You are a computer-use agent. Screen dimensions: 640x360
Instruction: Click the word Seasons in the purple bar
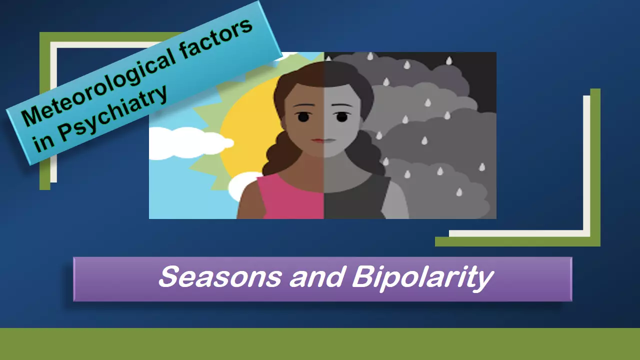tap(220, 276)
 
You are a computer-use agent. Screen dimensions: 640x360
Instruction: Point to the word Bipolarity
tap(423, 278)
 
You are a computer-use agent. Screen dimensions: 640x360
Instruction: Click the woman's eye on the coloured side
tap(303, 117)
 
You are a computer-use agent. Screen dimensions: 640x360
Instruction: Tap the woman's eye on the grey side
tap(342, 117)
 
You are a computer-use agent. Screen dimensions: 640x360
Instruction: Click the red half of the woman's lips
tap(317, 140)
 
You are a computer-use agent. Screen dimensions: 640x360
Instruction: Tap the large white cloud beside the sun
tap(190, 143)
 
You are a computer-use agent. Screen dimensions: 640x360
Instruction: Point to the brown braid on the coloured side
tap(278, 154)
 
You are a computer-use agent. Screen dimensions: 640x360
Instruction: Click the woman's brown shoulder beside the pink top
tap(250, 200)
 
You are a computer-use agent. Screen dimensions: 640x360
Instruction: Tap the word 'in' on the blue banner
tap(43, 144)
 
